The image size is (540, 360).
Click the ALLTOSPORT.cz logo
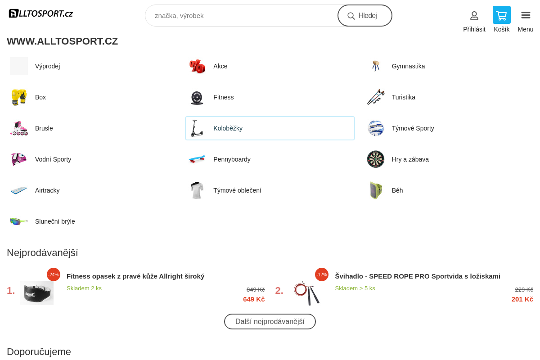(x=41, y=13)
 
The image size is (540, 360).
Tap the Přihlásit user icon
(x=474, y=16)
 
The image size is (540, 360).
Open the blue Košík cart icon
(x=501, y=15)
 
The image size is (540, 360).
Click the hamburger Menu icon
(x=526, y=15)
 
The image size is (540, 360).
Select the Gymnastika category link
(x=408, y=66)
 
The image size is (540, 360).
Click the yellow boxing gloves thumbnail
(x=19, y=97)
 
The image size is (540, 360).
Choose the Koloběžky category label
(x=228, y=128)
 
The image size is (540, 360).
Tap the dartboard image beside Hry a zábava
(x=376, y=159)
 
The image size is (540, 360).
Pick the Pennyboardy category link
(x=232, y=159)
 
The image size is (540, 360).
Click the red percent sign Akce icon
(x=197, y=66)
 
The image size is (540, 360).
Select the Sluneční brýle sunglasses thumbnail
(x=19, y=221)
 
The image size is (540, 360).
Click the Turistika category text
(x=403, y=97)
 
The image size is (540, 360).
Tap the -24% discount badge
(x=54, y=274)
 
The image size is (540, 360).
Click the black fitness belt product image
(x=37, y=293)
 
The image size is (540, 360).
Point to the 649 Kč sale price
(x=254, y=299)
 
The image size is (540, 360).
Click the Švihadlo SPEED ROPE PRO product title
(x=418, y=276)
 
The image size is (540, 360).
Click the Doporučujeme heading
(x=39, y=351)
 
